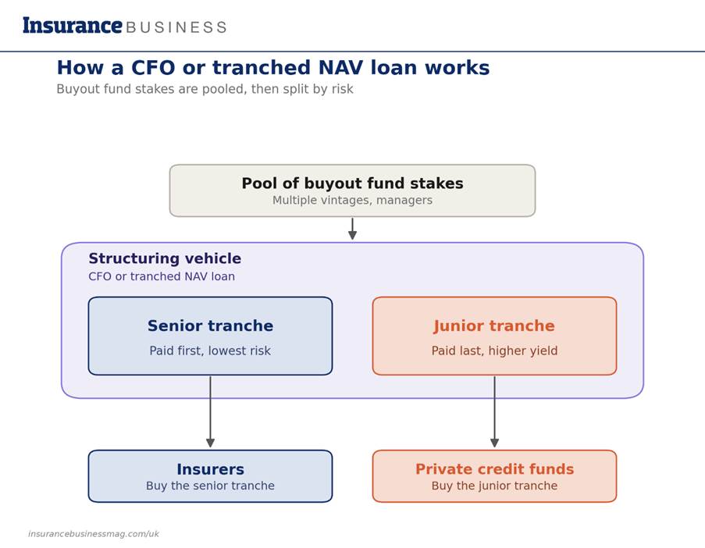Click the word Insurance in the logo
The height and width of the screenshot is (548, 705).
pyautogui.click(x=73, y=25)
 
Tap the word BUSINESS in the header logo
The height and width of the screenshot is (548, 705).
pyautogui.click(x=176, y=27)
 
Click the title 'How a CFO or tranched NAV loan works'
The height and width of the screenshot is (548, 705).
pyautogui.click(x=273, y=68)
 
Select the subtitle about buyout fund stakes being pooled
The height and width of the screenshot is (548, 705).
pyautogui.click(x=205, y=89)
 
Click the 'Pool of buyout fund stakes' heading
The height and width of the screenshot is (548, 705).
pyautogui.click(x=352, y=183)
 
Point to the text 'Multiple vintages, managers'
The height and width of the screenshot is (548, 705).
pyautogui.click(x=352, y=200)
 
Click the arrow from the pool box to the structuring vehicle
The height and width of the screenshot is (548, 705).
pyautogui.click(x=353, y=229)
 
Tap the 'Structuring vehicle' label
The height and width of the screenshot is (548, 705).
pyautogui.click(x=165, y=258)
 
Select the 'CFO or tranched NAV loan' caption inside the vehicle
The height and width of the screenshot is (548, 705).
pyautogui.click(x=162, y=276)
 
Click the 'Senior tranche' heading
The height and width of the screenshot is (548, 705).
pyautogui.click(x=211, y=326)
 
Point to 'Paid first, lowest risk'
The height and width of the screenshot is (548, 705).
pyautogui.click(x=210, y=351)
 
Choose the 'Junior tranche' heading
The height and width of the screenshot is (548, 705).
pyautogui.click(x=494, y=326)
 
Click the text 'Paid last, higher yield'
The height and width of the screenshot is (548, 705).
pyautogui.click(x=494, y=351)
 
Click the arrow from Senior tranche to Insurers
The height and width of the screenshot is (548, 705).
pyautogui.click(x=210, y=411)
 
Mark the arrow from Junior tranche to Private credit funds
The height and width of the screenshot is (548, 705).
pyautogui.click(x=494, y=411)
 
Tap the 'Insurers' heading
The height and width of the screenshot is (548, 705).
pyautogui.click(x=211, y=469)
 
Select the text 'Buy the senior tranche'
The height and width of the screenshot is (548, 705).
pyautogui.click(x=210, y=486)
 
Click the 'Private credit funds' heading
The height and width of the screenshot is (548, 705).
pyautogui.click(x=494, y=469)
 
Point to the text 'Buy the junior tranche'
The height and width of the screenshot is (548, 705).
pyautogui.click(x=494, y=486)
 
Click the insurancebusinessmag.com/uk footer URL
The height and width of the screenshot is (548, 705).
pyautogui.click(x=94, y=534)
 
